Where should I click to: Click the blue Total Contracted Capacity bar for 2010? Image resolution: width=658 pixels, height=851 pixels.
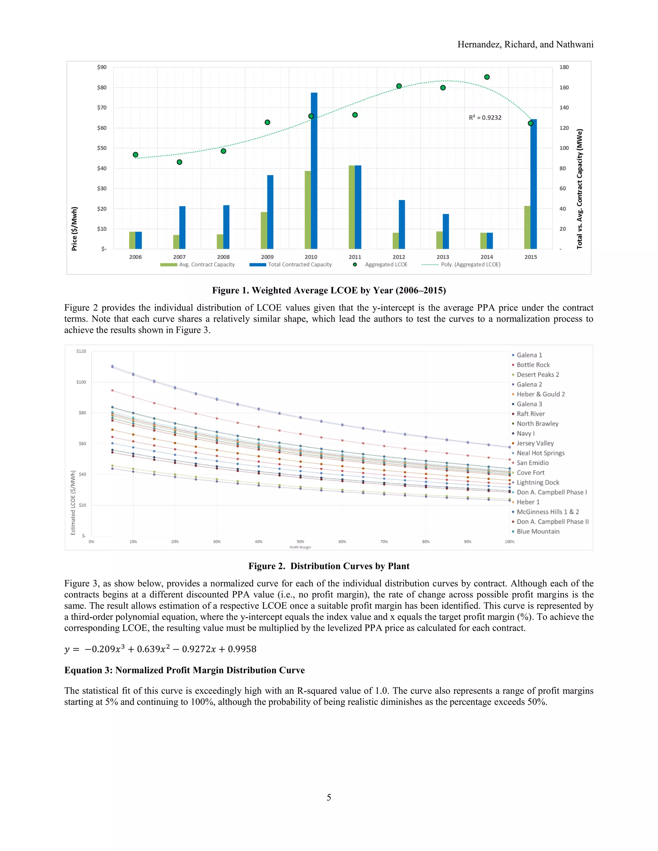tap(314, 171)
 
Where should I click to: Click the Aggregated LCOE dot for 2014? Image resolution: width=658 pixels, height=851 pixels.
tap(486, 77)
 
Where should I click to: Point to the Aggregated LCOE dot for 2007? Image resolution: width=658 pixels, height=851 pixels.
tap(179, 162)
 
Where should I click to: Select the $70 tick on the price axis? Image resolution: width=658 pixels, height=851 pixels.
tap(102, 108)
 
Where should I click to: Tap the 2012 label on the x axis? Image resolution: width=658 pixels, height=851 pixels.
tap(399, 257)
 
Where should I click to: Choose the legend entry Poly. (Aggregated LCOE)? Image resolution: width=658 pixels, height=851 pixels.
tap(470, 265)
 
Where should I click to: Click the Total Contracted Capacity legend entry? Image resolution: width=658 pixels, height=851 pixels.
tap(299, 265)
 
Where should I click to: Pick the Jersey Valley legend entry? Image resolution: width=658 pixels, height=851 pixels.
tap(535, 443)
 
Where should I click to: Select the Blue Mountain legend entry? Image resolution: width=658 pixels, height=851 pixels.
tap(538, 531)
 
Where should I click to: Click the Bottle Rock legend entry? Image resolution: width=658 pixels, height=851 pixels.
tap(533, 365)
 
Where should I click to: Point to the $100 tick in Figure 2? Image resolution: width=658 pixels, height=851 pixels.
tap(81, 382)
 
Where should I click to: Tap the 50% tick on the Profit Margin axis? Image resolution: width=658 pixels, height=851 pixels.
tap(300, 542)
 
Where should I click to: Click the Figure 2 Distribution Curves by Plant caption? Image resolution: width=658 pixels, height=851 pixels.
tap(329, 566)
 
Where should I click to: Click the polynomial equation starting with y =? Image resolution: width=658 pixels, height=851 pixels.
tap(160, 649)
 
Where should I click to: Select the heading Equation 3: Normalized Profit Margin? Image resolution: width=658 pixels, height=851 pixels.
tap(184, 670)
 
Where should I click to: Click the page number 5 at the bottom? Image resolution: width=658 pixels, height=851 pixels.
tap(329, 797)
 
